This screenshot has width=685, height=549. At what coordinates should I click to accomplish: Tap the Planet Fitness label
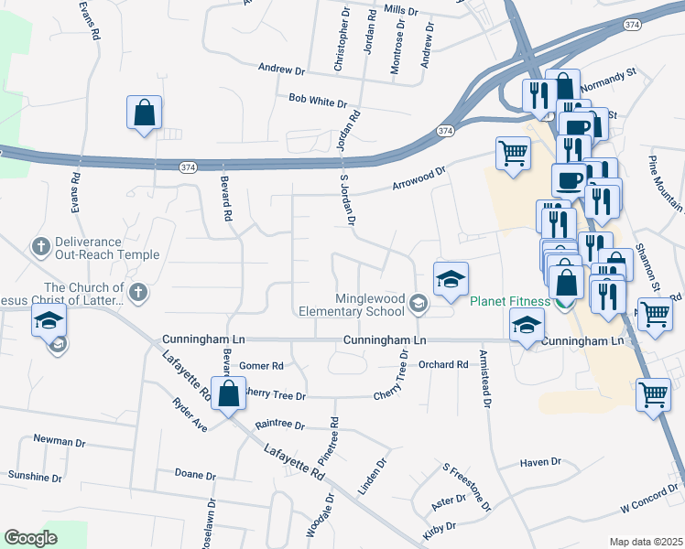[x=510, y=301]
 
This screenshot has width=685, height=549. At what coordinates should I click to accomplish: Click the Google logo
[x=30, y=538]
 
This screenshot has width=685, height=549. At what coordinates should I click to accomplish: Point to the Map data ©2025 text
[x=646, y=542]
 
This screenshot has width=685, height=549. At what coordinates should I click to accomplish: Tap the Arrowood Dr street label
[x=419, y=171]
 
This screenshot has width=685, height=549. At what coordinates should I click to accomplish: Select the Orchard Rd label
[x=443, y=364]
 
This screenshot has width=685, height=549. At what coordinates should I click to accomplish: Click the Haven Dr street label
[x=539, y=462]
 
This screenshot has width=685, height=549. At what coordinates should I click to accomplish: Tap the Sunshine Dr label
[x=35, y=477]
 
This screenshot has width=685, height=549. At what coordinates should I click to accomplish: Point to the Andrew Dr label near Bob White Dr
[x=281, y=69]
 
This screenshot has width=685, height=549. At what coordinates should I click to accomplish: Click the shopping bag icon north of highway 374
[x=145, y=113]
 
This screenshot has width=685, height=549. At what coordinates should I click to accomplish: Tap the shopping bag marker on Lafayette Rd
[x=229, y=393]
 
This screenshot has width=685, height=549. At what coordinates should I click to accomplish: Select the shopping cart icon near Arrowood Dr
[x=513, y=153]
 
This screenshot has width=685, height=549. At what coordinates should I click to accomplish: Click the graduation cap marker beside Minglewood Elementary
[x=451, y=280]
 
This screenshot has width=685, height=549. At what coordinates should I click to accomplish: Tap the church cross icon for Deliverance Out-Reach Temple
[x=40, y=246]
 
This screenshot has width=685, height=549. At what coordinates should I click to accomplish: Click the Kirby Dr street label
[x=439, y=529]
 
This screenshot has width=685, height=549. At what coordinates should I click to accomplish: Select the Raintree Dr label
[x=279, y=425]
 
